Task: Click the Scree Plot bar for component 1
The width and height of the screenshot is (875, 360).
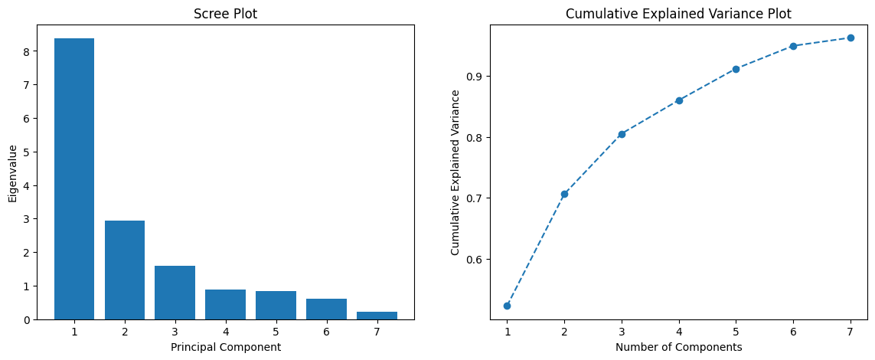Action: coord(74,178)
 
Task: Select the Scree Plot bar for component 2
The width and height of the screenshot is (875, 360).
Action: coord(125,270)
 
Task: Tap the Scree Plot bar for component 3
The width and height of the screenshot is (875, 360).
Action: coord(175,293)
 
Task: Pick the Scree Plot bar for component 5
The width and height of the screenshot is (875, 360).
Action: coord(276,305)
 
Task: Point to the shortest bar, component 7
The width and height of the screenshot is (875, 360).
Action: coord(377,315)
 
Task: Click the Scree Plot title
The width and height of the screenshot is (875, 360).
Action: coord(225,14)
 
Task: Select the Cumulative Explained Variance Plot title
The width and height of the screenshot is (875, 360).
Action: coord(678,14)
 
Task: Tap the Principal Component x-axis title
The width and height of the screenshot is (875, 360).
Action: coord(225,347)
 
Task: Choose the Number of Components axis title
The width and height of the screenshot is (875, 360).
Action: coord(678,347)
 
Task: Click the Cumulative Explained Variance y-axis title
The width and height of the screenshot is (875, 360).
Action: coord(455,172)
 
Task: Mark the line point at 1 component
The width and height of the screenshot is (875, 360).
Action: coord(507,306)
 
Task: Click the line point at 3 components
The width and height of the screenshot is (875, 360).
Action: coord(622,134)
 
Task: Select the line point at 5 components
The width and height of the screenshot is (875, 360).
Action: coord(736,69)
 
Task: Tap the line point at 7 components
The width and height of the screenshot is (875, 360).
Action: coord(851,38)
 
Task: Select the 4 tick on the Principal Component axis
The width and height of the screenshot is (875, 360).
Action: coord(225,332)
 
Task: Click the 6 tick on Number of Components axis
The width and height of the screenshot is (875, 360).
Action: coord(793,332)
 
